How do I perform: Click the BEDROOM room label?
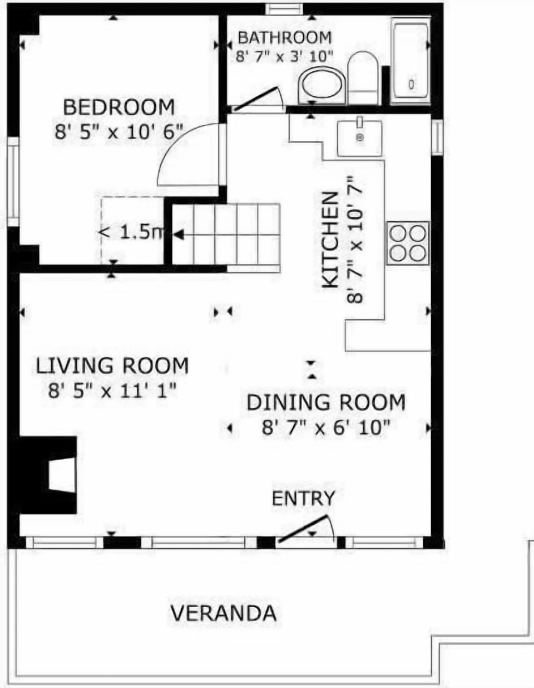(118, 106)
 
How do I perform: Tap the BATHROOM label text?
(285, 38)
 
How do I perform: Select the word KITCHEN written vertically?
(331, 240)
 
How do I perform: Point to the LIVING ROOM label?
(112, 366)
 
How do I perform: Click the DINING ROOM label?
(326, 402)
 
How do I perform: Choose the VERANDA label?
(223, 613)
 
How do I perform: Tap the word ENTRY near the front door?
(303, 498)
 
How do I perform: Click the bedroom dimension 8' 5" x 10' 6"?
(119, 131)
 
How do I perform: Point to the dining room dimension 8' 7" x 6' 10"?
(325, 428)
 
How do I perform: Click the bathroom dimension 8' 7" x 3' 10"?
(284, 56)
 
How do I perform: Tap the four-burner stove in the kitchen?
(408, 243)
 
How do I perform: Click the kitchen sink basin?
(359, 138)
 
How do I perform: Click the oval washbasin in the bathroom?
(322, 87)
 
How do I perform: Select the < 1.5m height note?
(132, 232)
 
